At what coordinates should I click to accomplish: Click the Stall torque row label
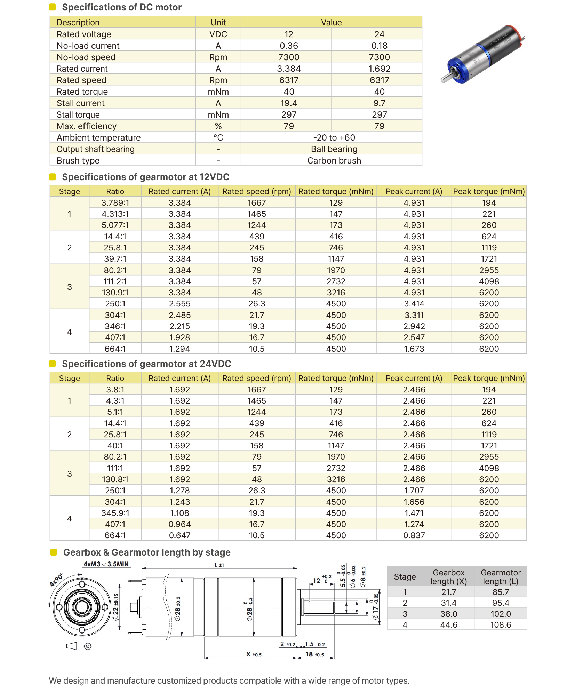tap(78, 115)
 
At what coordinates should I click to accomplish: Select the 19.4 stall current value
tap(289, 103)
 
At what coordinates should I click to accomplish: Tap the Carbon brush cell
tap(334, 161)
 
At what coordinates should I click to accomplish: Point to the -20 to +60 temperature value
tap(334, 138)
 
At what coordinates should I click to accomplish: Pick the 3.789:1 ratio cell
tap(115, 203)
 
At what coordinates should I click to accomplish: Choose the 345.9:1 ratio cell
tap(115, 513)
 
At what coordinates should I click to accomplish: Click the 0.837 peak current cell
tap(414, 535)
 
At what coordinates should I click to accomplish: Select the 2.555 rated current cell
tap(179, 304)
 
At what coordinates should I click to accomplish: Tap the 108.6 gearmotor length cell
tap(501, 625)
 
